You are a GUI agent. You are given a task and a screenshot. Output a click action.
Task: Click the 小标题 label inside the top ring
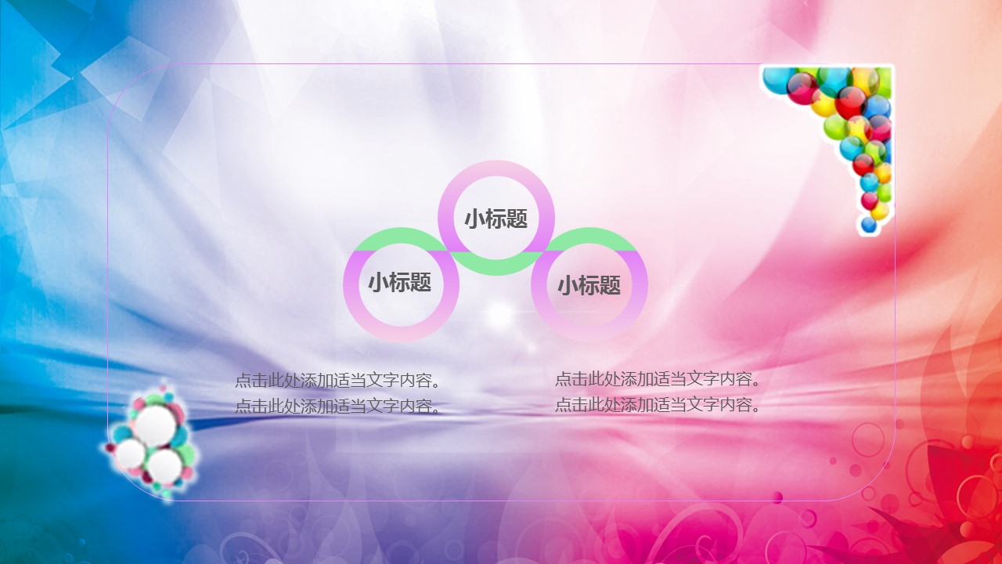(496, 219)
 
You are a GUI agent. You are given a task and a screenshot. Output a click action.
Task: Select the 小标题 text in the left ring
(400, 283)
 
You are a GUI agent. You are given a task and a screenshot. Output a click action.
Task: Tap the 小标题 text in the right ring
(589, 285)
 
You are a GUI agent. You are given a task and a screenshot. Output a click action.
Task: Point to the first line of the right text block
(658, 378)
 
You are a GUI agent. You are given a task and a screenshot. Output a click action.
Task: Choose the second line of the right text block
(658, 405)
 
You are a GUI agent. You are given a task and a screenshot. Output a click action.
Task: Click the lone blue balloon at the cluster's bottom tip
(869, 225)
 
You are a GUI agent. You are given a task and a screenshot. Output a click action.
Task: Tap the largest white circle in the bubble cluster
(156, 425)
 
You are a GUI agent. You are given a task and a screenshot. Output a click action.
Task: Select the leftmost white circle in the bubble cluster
(131, 454)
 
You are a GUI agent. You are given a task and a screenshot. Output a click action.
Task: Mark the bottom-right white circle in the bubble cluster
(164, 466)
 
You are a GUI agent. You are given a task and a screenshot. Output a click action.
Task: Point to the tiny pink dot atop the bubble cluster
(163, 388)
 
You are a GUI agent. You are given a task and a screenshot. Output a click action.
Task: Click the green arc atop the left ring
(401, 236)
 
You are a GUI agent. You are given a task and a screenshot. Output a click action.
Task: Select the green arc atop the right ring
(589, 236)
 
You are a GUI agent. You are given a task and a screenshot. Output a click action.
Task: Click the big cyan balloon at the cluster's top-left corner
(776, 81)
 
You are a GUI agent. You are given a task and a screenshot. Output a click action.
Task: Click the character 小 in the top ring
(474, 219)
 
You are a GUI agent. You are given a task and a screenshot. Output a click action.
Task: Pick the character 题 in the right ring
(610, 285)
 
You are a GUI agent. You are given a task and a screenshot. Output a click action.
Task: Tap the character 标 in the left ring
(400, 283)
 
